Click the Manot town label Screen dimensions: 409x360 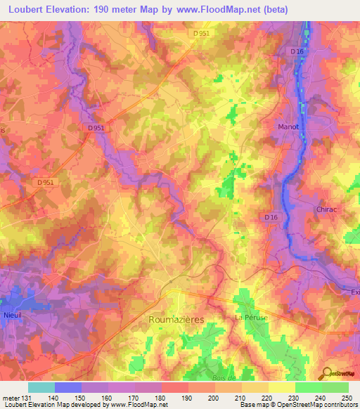tap(285, 126)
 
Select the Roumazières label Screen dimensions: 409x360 tap(176, 319)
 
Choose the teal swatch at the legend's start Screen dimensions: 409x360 tap(41, 387)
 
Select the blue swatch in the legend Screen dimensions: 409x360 tap(67, 387)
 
